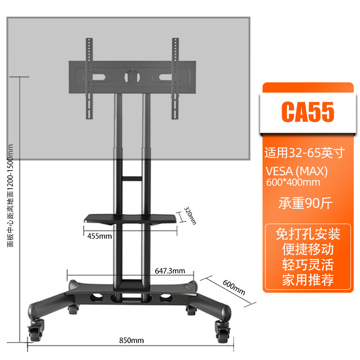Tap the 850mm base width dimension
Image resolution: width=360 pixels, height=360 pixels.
(131, 340)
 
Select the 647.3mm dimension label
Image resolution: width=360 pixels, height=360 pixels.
(170, 271)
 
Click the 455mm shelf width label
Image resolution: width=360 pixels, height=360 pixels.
(99, 236)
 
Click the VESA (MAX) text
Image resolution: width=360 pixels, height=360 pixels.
(297, 172)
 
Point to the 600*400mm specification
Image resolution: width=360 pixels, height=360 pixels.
(293, 182)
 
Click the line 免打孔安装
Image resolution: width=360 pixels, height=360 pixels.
(308, 234)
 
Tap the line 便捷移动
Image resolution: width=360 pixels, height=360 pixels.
(308, 249)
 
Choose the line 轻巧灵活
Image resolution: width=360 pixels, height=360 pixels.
(308, 264)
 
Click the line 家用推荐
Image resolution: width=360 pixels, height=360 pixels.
(308, 279)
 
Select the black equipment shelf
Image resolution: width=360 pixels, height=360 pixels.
(130, 220)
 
